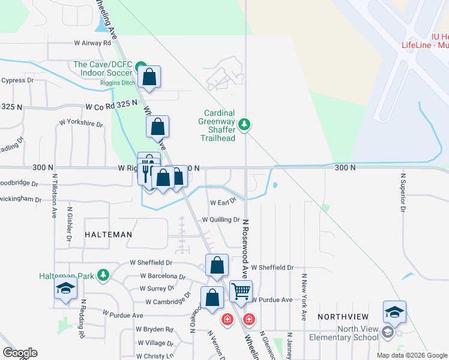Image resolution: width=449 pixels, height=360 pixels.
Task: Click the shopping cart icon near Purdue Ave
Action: click(241, 292)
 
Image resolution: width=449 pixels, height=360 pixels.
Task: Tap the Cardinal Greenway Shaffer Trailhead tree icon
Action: click(244, 125)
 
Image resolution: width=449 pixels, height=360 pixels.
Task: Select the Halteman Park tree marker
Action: click(104, 275)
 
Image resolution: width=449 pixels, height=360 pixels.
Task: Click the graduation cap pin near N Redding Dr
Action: click(65, 288)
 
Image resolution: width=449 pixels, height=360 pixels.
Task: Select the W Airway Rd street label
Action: click(92, 43)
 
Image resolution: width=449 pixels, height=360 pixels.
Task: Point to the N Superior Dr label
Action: click(403, 192)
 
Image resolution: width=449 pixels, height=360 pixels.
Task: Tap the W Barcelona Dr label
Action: click(163, 277)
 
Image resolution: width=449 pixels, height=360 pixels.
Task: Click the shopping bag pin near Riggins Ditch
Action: click(149, 77)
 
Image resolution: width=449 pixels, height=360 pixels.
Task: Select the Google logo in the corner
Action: click(20, 353)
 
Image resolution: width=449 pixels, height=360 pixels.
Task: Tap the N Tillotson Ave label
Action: click(54, 195)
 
